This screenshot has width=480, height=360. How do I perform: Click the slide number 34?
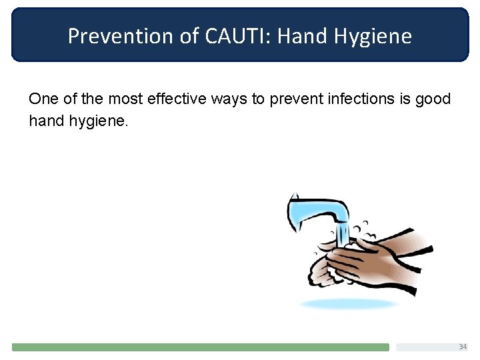[x=463, y=347]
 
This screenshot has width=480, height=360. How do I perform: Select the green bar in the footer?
[x=200, y=347]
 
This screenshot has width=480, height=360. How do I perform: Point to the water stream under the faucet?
[x=342, y=235]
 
